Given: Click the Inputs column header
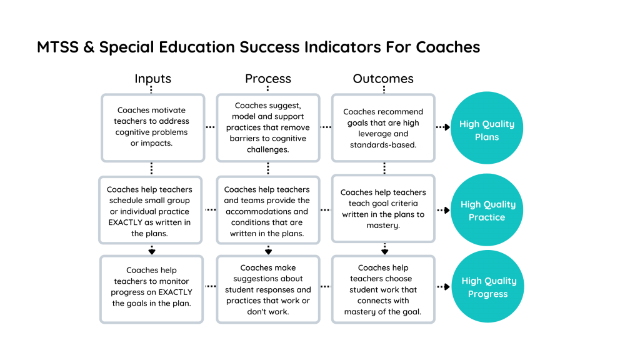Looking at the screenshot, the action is point(152,79).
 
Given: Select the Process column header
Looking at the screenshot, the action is point(267,79).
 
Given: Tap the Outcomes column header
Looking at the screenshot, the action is point(383,79).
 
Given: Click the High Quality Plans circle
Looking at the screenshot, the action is point(486,127).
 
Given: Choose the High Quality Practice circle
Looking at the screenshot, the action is point(486,210).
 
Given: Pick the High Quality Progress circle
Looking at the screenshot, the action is point(487,286).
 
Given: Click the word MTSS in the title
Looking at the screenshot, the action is point(57,47).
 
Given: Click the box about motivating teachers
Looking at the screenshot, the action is point(152,127).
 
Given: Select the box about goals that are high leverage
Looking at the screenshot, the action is point(383,127).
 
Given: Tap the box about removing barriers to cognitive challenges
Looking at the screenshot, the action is point(267,127).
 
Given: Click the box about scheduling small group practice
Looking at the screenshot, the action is point(150,210).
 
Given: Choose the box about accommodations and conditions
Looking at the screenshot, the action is point(267,210).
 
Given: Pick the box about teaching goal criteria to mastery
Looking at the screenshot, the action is point(383,209).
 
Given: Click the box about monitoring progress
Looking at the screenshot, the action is point(151,289).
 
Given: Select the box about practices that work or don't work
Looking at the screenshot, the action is point(267,289).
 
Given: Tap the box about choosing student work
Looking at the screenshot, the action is point(383,289).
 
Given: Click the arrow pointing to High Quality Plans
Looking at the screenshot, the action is point(443,127).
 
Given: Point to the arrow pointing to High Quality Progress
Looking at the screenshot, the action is point(443,287).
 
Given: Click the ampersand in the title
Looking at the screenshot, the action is point(89,47).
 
